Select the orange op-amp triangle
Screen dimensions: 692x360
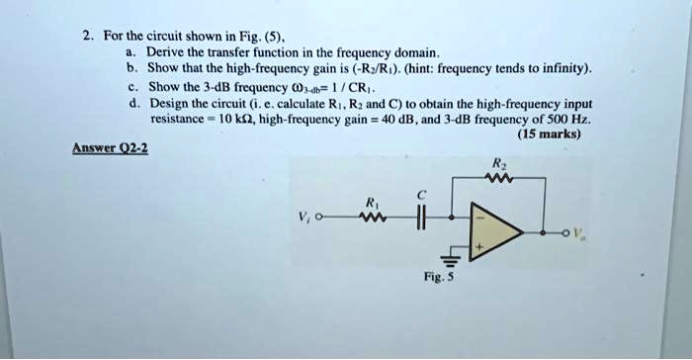click(494, 234)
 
